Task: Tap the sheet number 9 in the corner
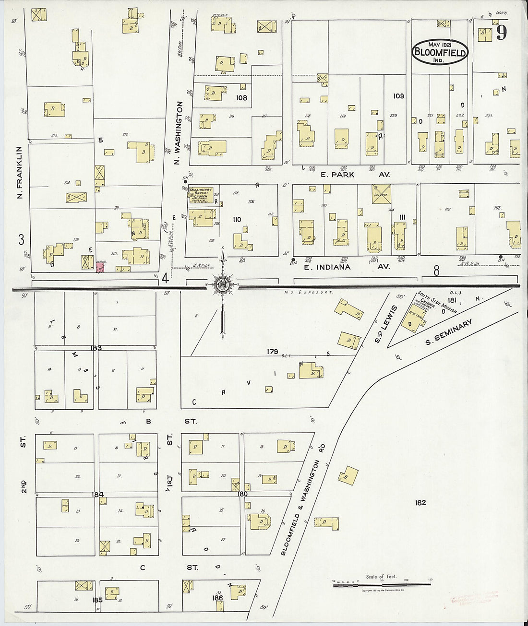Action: tap(502, 33)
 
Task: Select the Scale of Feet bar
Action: tap(382, 584)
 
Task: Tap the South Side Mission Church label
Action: tap(436, 303)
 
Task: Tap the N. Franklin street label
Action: tap(20, 172)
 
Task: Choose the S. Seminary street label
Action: tap(449, 332)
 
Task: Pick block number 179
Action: tap(272, 352)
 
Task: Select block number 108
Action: tap(241, 98)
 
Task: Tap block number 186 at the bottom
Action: tap(217, 598)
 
